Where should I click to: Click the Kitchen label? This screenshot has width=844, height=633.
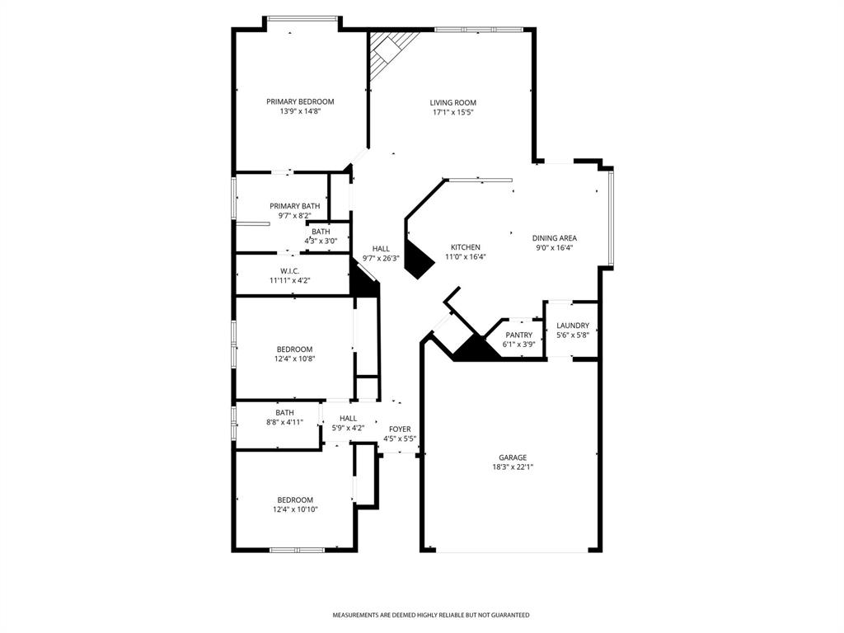coord(465,247)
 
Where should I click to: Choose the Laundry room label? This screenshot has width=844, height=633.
coord(572,326)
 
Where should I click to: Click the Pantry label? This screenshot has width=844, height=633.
coord(518,335)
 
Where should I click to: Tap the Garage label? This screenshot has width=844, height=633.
coord(512,457)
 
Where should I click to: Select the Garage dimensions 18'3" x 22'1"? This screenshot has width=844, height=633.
coord(512,467)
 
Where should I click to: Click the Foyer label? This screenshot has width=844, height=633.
coord(400,429)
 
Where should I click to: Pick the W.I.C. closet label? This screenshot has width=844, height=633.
coord(288,271)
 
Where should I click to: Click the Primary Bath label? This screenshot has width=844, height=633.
coord(294,206)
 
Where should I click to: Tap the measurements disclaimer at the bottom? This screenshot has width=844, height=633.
coord(430,615)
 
